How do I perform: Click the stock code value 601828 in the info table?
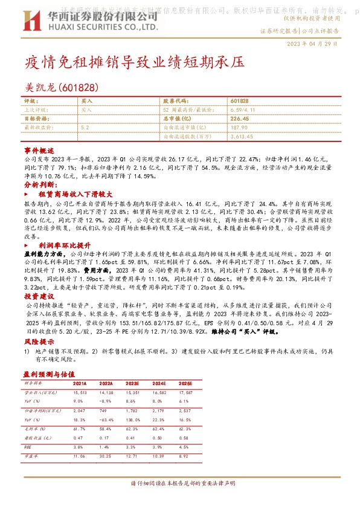click(239, 102)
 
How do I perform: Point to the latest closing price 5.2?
click(85, 128)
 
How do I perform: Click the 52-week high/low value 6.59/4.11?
click(244, 110)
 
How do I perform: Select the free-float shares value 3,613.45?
click(243, 137)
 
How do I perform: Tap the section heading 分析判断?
click(40, 184)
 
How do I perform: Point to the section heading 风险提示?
click(39, 342)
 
